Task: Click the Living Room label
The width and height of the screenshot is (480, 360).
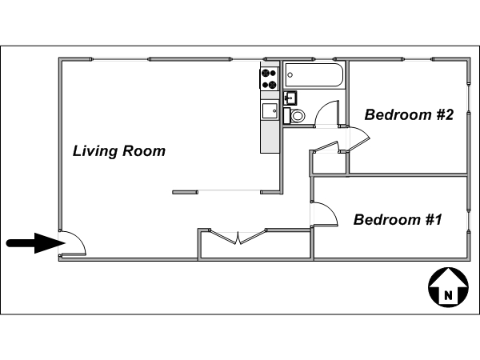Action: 119,151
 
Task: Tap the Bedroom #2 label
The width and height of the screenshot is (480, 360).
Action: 409,114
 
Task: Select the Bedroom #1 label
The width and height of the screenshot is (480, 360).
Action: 398,220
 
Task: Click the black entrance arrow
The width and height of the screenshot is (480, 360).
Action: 36,243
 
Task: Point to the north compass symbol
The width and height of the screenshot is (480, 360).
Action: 448,287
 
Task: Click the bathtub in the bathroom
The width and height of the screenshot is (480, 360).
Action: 314,75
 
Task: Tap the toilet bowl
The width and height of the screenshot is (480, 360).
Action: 298,116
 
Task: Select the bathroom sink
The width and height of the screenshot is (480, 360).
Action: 290,98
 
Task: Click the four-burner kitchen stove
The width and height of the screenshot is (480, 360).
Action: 269,79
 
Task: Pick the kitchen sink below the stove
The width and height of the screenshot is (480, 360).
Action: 270,111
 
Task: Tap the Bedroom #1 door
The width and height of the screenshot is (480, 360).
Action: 325,214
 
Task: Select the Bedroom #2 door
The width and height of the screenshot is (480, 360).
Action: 358,138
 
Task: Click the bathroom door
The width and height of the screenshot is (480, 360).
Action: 327,114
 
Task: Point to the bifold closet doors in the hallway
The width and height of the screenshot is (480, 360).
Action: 238,236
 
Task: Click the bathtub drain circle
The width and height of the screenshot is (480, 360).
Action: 290,75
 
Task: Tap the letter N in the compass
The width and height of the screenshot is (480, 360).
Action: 448,296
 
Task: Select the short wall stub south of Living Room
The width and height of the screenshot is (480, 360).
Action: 185,192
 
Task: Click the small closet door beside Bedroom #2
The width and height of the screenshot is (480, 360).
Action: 326,146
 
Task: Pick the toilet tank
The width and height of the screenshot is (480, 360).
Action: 287,116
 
